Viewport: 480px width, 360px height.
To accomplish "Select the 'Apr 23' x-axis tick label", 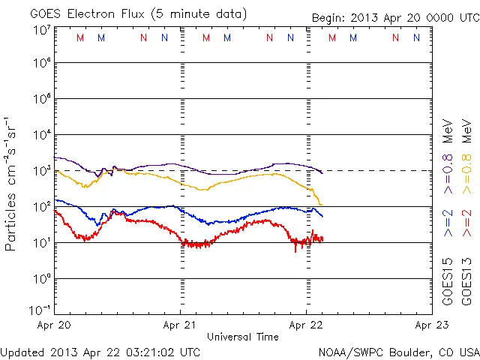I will pos(430,325).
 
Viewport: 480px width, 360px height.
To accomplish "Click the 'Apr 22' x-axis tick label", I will pos(306,325).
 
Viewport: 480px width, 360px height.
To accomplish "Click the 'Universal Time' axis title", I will pos(243,337).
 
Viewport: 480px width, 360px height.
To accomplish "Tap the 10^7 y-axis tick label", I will pos(41,31).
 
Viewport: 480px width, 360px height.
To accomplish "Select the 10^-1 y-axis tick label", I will pos(41,310).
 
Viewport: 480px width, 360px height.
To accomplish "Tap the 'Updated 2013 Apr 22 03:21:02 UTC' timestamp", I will pos(100,351).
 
